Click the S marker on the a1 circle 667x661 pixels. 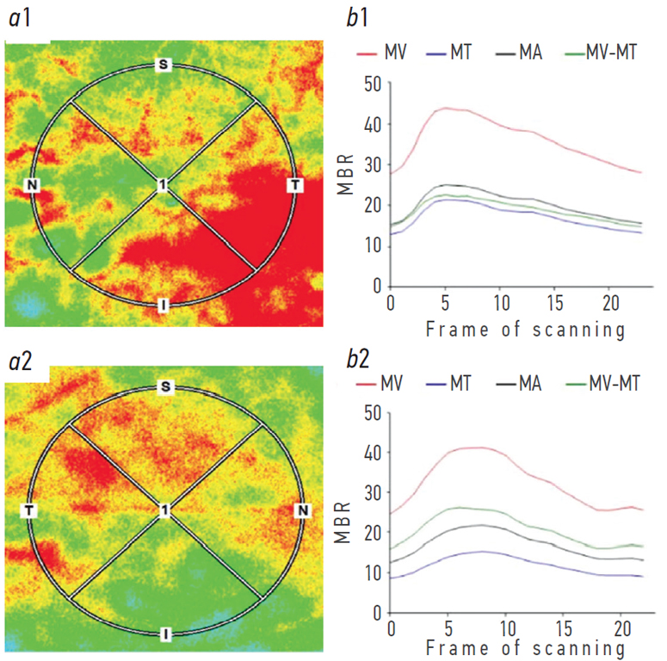[x=161, y=65]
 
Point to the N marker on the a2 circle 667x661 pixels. [x=302, y=511]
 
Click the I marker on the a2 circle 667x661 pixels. [x=164, y=634]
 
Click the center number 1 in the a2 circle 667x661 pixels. [x=163, y=511]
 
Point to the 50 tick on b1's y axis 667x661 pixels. [x=371, y=84]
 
